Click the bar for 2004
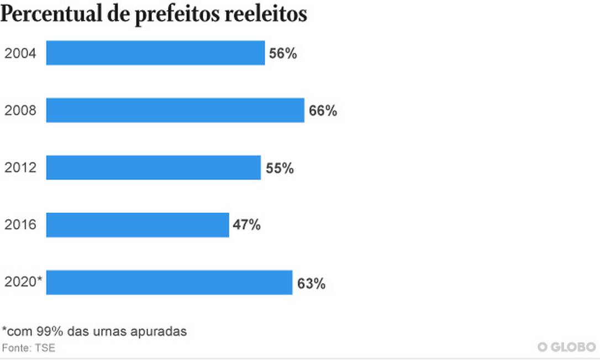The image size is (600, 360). (x=155, y=53)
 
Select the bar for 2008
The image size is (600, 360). (x=175, y=110)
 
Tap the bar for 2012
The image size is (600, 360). (x=153, y=168)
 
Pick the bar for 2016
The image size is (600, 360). (x=137, y=225)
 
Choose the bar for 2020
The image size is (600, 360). (x=169, y=283)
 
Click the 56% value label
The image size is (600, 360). (x=283, y=54)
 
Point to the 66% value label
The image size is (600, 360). (x=323, y=111)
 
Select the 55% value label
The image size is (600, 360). (x=280, y=168)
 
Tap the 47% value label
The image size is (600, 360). (x=246, y=225)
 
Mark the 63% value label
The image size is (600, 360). (x=311, y=284)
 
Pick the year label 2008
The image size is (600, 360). (x=20, y=111)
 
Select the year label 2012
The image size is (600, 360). (x=20, y=168)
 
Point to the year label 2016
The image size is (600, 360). (x=20, y=225)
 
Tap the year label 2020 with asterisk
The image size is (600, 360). (x=23, y=283)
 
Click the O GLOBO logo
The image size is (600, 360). (x=567, y=347)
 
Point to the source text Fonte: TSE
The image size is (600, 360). (x=29, y=348)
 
